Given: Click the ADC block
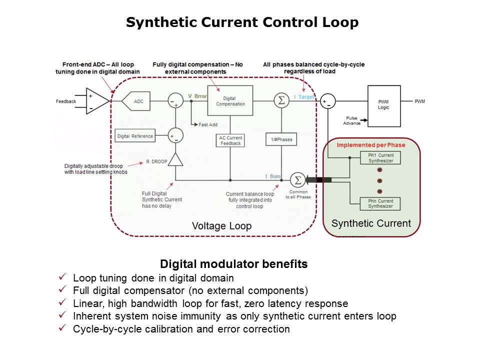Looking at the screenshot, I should pyautogui.click(x=138, y=101).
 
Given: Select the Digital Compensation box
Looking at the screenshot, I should pyautogui.click(x=230, y=101).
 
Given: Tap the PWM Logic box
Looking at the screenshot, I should pyautogui.click(x=383, y=106).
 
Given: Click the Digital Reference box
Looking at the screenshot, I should pyautogui.click(x=135, y=136).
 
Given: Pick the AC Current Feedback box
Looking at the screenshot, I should pyautogui.click(x=230, y=140).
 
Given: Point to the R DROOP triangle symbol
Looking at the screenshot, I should pyautogui.click(x=175, y=160).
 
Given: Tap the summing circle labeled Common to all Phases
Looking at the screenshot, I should pyautogui.click(x=297, y=179).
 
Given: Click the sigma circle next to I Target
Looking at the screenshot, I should pyautogui.click(x=281, y=100).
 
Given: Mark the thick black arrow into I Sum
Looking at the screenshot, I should pyautogui.click(x=318, y=179).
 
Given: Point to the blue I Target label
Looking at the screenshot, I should pyautogui.click(x=304, y=96).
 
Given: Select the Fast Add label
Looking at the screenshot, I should pyautogui.click(x=207, y=124).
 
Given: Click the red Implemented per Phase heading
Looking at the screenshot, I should pyautogui.click(x=370, y=145).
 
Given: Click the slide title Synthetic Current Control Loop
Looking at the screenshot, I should pyautogui.click(x=242, y=22).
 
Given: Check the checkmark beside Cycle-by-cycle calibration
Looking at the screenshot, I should pyautogui.click(x=62, y=328).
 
